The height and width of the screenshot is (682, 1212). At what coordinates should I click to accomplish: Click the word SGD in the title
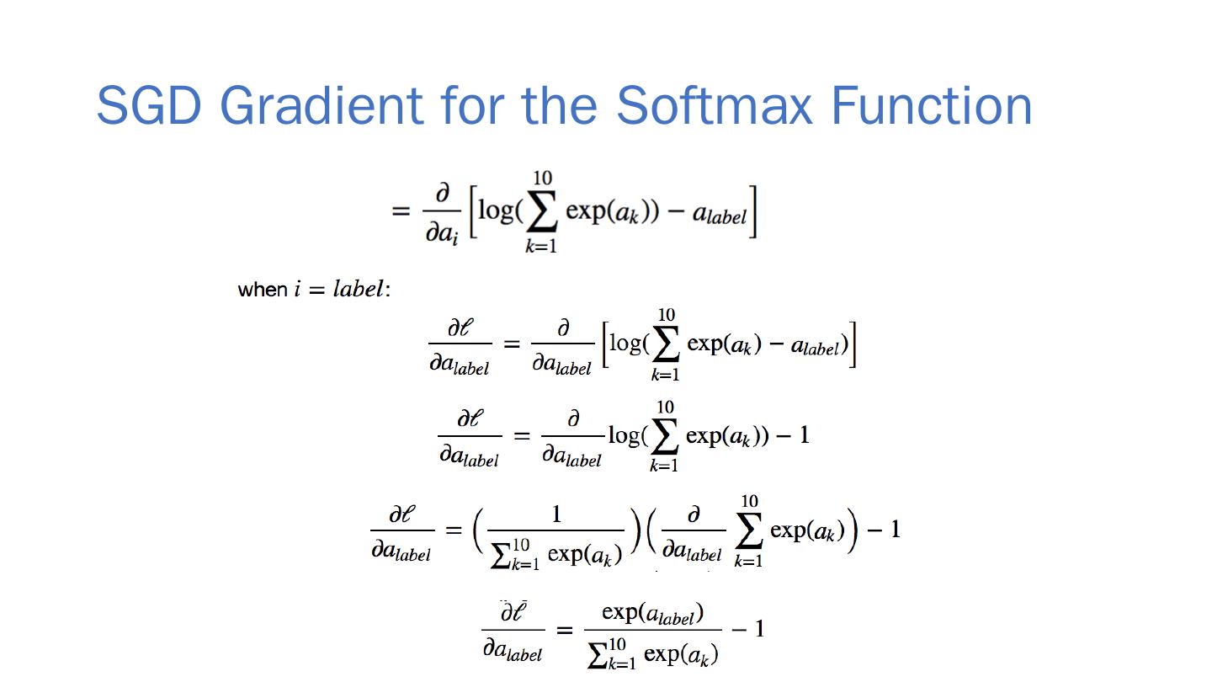coord(148,105)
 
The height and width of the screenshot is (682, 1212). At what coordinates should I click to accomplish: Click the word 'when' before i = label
coord(263,290)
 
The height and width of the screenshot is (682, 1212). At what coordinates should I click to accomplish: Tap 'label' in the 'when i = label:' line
coord(359,289)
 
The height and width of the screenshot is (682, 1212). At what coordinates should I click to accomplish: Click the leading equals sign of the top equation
coord(401,210)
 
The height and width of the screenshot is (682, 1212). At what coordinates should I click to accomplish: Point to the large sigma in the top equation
coord(541,213)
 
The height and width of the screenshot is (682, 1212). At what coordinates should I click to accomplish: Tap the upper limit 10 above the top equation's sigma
coord(542,178)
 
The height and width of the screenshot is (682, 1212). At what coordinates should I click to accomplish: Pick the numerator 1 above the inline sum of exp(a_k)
coord(555,514)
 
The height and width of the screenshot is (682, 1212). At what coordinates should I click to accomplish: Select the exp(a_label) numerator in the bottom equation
coord(652,613)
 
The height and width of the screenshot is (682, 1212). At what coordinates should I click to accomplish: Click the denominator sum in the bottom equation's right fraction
coord(652,653)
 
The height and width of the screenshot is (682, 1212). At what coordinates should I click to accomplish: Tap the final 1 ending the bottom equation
coord(759,628)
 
